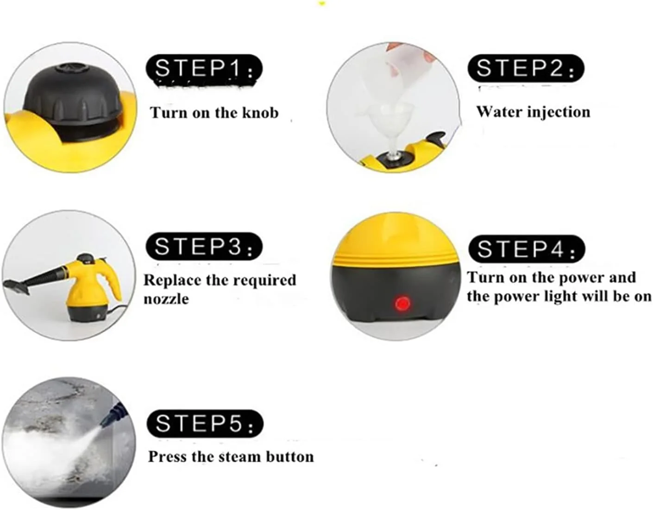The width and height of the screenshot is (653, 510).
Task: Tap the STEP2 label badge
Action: point(526,68)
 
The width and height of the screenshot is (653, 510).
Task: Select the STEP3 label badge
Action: point(204,246)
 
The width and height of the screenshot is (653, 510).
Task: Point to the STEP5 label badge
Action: point(205,423)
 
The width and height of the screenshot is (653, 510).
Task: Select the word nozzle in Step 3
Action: point(166,299)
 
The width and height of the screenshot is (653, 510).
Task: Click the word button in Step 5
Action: point(290,457)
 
